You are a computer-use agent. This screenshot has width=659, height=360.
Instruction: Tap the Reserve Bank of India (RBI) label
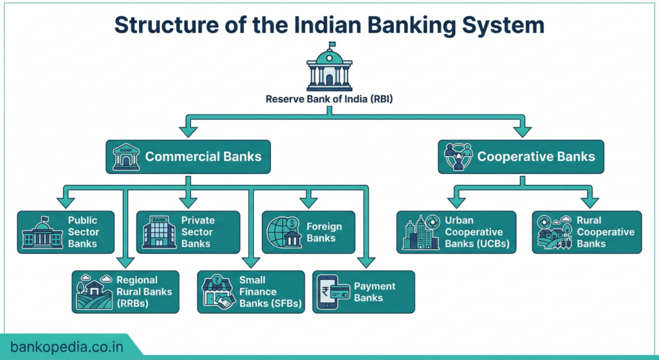click(329, 99)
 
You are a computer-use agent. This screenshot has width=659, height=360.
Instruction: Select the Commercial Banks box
click(188, 156)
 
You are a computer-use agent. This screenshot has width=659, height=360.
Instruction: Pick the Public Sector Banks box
click(66, 232)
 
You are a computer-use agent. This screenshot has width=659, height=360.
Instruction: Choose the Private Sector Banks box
click(188, 232)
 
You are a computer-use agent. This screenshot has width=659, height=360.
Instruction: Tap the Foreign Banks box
click(308, 232)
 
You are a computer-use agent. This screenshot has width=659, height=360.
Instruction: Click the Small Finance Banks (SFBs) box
click(250, 292)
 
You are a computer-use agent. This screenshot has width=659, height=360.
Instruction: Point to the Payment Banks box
click(364, 292)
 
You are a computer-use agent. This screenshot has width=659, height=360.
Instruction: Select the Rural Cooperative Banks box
click(587, 232)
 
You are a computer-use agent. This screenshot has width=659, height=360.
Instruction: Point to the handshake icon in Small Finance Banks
click(225, 302)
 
